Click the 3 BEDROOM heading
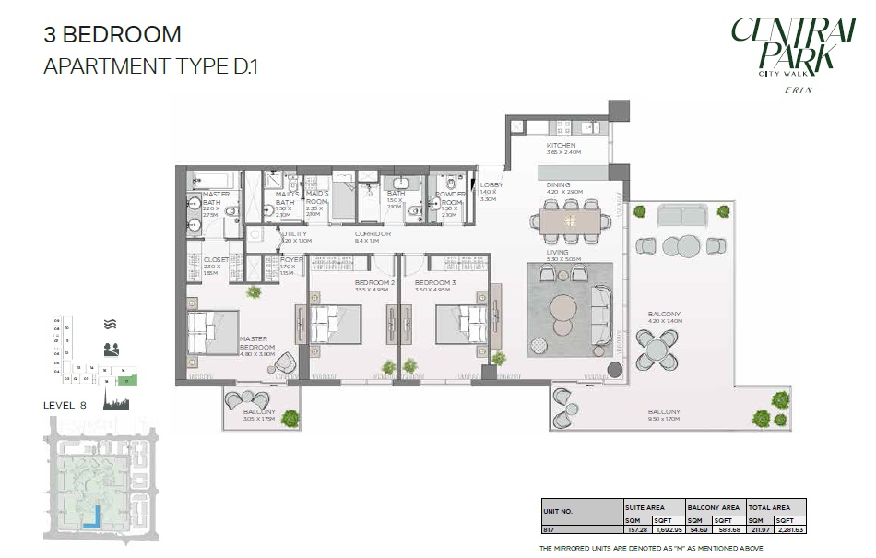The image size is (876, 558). (x=112, y=35)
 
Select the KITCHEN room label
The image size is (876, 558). (x=561, y=146)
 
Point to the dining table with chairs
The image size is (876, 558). (x=571, y=221)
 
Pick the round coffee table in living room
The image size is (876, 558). (x=563, y=308)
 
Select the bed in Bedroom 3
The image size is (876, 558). (x=460, y=324)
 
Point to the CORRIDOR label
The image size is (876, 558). (x=372, y=234)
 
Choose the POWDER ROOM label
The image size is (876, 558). (x=451, y=197)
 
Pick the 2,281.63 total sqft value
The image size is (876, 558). (x=791, y=530)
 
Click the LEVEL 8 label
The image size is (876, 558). (x=65, y=405)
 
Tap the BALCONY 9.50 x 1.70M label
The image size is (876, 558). (x=664, y=415)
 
